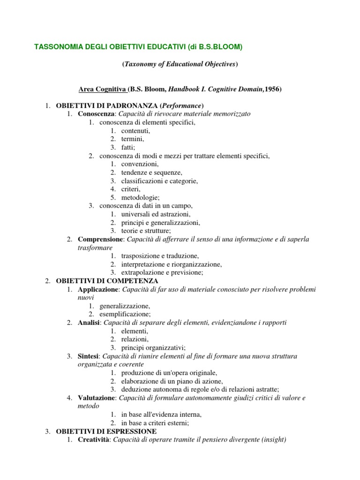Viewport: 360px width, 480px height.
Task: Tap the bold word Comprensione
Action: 100,240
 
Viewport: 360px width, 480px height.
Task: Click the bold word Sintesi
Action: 88,356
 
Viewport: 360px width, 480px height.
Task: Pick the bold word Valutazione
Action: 96,398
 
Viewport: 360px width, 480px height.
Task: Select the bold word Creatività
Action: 93,440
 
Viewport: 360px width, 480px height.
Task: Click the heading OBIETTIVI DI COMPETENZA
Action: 107,281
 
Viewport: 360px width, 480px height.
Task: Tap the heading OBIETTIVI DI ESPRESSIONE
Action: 106,431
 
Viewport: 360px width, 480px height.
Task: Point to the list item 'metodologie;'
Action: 140,197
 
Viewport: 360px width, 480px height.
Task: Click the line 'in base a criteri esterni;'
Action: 155,423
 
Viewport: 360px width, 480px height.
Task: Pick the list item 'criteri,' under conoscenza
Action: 131,189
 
